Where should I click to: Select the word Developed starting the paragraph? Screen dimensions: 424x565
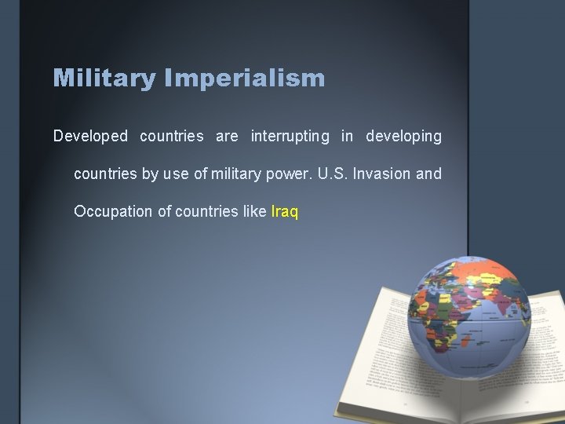(90, 137)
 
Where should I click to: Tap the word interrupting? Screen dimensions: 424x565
(290, 137)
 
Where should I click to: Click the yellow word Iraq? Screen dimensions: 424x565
(284, 212)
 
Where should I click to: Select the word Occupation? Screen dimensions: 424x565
(111, 212)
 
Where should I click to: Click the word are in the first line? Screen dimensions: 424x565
(227, 137)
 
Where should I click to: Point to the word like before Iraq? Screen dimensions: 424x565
(253, 212)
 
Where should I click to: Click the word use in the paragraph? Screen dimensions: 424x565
(175, 174)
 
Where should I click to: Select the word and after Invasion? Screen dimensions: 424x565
(429, 174)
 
